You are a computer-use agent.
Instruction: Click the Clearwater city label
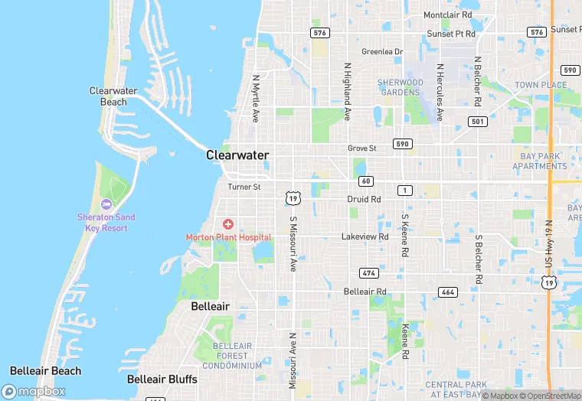[x=237, y=155]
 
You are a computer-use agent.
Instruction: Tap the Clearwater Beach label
[x=113, y=96]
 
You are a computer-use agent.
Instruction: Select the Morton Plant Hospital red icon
[x=228, y=224]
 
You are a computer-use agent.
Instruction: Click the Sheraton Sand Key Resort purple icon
[x=106, y=204]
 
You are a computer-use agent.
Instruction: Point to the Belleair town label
[x=210, y=306]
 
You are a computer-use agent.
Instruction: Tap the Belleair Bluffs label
[x=162, y=379]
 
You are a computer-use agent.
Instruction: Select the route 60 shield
[x=366, y=181]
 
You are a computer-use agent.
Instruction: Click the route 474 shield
[x=369, y=273]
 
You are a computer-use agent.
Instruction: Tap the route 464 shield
[x=447, y=292]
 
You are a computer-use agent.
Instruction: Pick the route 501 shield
[x=478, y=122]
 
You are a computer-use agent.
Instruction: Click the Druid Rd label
[x=364, y=199]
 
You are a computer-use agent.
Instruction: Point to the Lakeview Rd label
[x=365, y=237]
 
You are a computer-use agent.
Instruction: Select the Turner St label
[x=244, y=187]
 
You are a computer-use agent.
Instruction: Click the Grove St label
[x=362, y=148]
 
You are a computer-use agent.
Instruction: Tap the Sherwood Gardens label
[x=400, y=87]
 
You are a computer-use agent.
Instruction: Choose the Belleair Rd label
[x=365, y=292]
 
